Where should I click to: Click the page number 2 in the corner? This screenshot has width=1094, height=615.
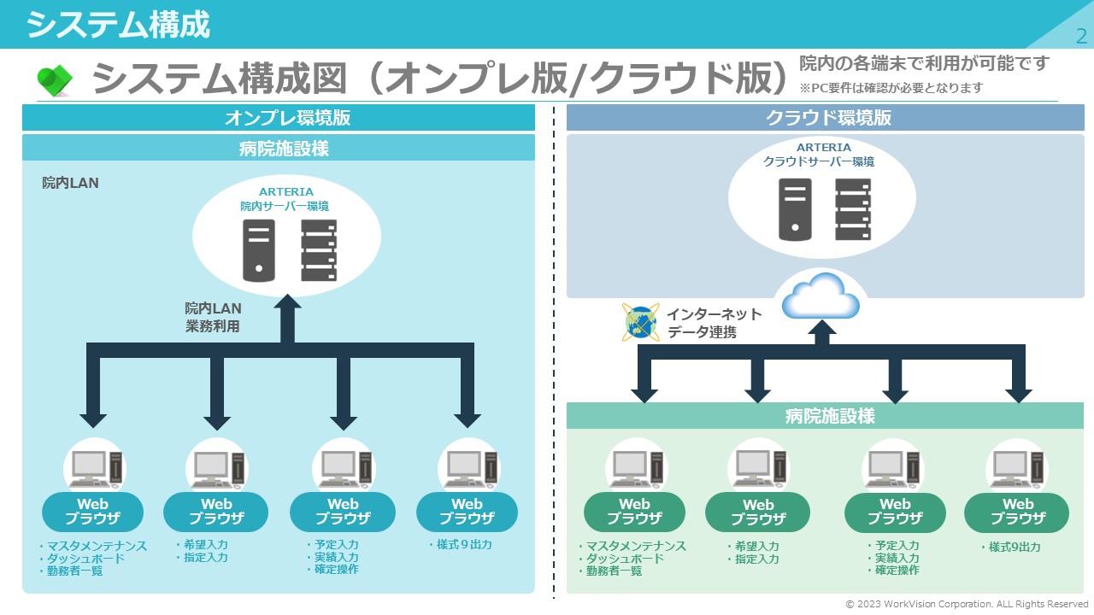pyautogui.click(x=1081, y=36)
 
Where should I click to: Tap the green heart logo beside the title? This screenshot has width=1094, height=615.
pyautogui.click(x=54, y=80)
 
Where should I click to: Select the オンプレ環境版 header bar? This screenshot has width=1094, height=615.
pyautogui.click(x=279, y=118)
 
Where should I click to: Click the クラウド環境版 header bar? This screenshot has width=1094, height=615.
pyautogui.click(x=826, y=118)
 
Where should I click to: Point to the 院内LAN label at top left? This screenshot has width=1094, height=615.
pyautogui.click(x=70, y=183)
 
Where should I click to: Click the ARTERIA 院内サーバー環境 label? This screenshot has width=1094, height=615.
pyautogui.click(x=285, y=199)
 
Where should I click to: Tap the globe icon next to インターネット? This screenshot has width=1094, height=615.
pyautogui.click(x=640, y=322)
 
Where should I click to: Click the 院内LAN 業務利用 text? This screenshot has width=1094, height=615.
pyautogui.click(x=213, y=316)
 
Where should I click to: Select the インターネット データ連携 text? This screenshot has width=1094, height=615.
pyautogui.click(x=714, y=323)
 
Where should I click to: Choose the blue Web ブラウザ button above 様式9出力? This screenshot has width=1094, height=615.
pyautogui.click(x=467, y=511)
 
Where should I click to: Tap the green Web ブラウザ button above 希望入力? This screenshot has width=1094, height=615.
pyautogui.click(x=757, y=512)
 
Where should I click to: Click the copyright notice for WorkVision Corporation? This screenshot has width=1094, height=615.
pyautogui.click(x=967, y=604)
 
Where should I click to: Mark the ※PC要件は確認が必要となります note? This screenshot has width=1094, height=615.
pyautogui.click(x=891, y=87)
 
